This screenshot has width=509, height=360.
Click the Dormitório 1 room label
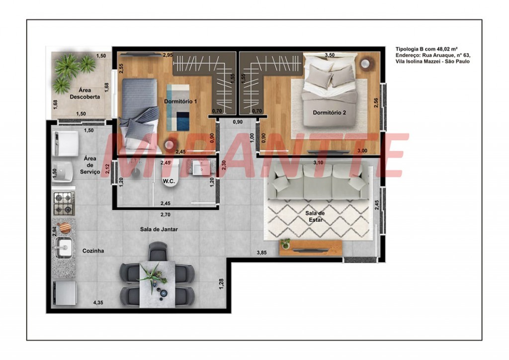click(x=180, y=101)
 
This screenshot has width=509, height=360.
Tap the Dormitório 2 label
click(x=329, y=113)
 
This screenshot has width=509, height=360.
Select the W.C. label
click(x=169, y=181)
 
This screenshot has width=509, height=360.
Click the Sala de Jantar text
click(x=159, y=229)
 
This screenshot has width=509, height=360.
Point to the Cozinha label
click(x=93, y=251)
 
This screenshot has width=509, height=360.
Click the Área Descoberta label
click(x=85, y=93)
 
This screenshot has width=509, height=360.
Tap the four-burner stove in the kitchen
click(x=64, y=203)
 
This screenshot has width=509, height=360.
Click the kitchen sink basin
click(x=64, y=248)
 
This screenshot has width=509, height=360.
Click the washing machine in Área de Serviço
click(x=66, y=143)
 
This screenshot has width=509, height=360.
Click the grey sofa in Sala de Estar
click(x=318, y=181)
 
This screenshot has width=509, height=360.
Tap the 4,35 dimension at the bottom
click(x=98, y=302)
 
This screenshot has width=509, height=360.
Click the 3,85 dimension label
click(x=261, y=252)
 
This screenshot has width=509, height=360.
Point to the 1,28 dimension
click(x=221, y=284)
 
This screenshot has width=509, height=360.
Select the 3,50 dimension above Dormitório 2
click(x=330, y=55)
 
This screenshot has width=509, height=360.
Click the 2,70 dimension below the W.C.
click(x=165, y=215)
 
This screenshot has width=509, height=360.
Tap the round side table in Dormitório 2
click(x=366, y=64)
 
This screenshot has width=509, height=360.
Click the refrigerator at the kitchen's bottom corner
click(x=65, y=293)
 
